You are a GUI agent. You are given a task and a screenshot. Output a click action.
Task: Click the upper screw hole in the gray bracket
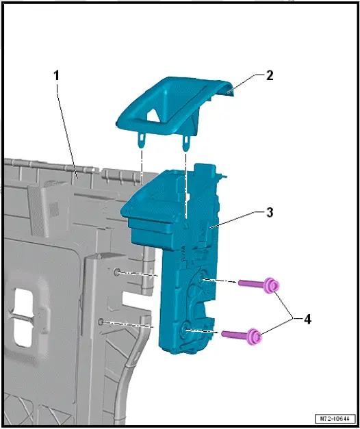pyautogui.click(x=118, y=272)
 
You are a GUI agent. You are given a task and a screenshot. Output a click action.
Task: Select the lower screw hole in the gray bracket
pyautogui.click(x=101, y=321)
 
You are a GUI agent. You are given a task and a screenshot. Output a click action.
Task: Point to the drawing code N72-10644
pyautogui.click(x=335, y=418)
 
